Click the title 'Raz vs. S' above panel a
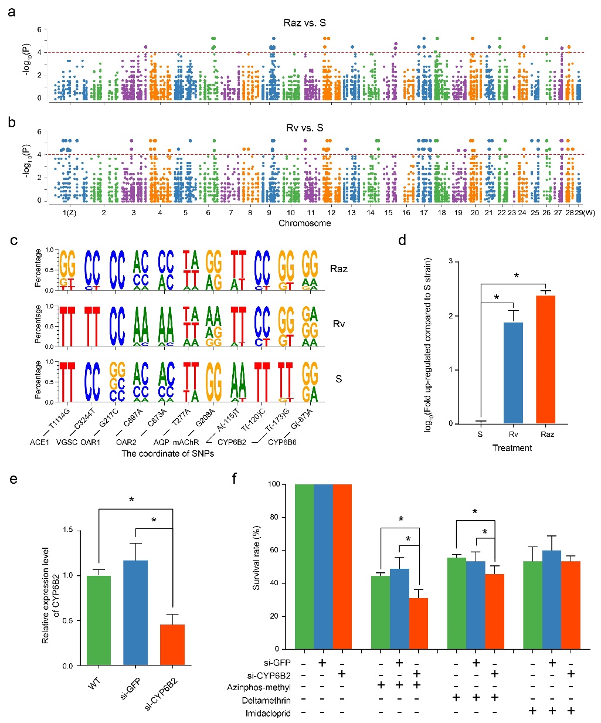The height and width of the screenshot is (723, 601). (304, 23)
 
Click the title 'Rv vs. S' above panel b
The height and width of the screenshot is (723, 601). (304, 128)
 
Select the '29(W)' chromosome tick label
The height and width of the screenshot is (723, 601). (585, 213)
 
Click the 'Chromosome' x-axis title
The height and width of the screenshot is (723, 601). (304, 223)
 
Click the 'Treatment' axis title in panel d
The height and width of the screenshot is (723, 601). (512, 448)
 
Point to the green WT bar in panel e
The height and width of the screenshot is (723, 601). (99, 620)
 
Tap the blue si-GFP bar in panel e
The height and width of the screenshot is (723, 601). (135, 613)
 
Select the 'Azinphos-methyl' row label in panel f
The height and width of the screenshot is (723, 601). (259, 687)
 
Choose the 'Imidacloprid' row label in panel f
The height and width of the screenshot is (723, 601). (268, 713)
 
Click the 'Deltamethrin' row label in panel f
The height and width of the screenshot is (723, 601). (266, 700)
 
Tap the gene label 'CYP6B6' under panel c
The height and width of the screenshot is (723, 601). (282, 442)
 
